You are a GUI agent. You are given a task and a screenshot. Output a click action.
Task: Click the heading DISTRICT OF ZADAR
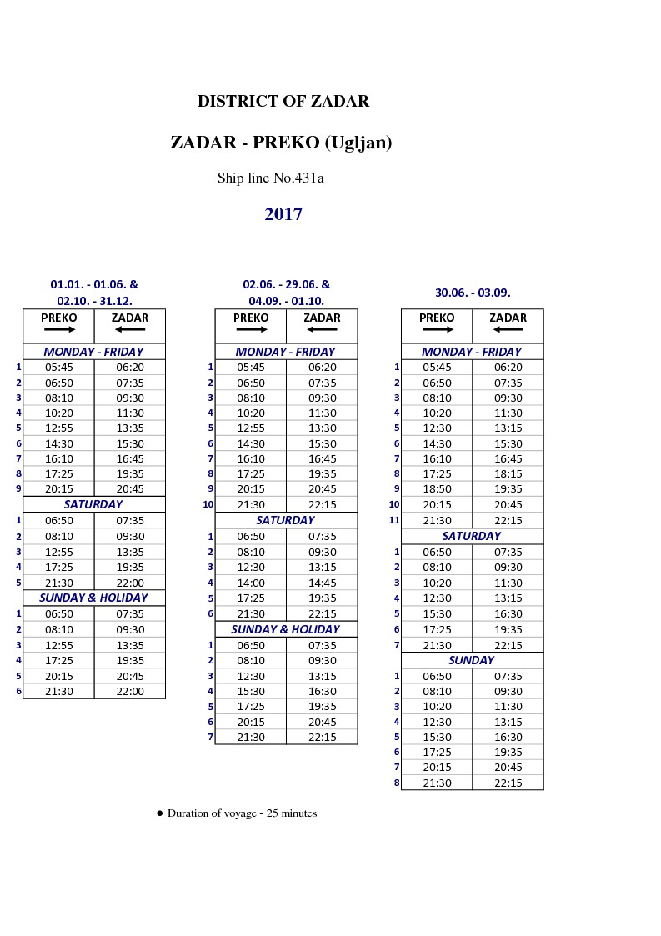pyautogui.click(x=283, y=102)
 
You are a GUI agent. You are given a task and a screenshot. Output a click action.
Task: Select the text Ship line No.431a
pyautogui.click(x=270, y=178)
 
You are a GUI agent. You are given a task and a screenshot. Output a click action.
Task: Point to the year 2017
pyautogui.click(x=283, y=214)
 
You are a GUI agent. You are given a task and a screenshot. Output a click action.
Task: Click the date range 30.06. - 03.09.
pyautogui.click(x=473, y=293)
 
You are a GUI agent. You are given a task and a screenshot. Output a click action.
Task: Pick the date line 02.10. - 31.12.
pyautogui.click(x=94, y=301)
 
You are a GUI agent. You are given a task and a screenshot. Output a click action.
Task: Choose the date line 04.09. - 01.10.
pyautogui.click(x=286, y=301)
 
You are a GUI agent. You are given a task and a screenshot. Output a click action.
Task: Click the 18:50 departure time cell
pyautogui.click(x=437, y=489)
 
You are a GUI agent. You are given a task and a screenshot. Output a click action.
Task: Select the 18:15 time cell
pyautogui.click(x=508, y=474)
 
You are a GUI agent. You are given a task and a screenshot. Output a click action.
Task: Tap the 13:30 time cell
pyautogui.click(x=322, y=428)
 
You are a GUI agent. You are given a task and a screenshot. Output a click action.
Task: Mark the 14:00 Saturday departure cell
pyautogui.click(x=251, y=583)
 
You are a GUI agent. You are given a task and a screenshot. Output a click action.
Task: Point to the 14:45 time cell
pyautogui.click(x=322, y=583)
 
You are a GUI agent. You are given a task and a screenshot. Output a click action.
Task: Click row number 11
pyautogui.click(x=394, y=520)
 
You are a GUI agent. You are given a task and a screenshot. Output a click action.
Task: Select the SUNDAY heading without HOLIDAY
pyautogui.click(x=472, y=660)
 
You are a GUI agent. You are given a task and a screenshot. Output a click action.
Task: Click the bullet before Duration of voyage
pyautogui.click(x=159, y=813)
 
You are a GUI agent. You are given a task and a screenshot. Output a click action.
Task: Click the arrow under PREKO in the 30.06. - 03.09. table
pyautogui.click(x=437, y=329)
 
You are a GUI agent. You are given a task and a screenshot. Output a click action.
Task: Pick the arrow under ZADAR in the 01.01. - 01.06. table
pyautogui.click(x=130, y=329)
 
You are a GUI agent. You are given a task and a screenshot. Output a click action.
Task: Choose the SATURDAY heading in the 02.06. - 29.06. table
pyautogui.click(x=286, y=520)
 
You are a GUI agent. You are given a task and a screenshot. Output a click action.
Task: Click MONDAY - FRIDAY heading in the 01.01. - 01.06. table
pyautogui.click(x=93, y=352)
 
